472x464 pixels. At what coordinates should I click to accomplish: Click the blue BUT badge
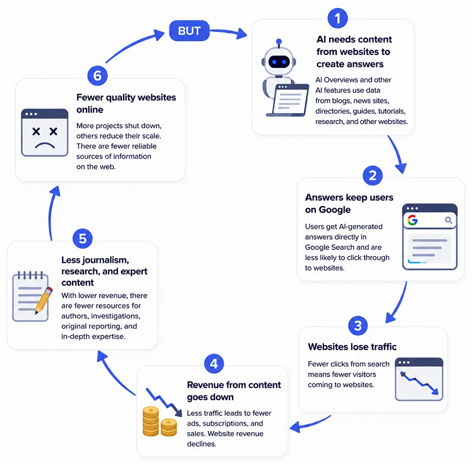click(x=189, y=31)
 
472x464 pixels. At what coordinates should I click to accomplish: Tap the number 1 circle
click(x=337, y=19)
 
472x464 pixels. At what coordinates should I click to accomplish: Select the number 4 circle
click(x=214, y=364)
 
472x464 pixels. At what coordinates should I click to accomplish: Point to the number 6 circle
click(x=97, y=75)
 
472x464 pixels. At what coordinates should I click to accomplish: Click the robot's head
click(x=279, y=60)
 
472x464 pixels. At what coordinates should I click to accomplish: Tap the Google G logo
click(x=412, y=220)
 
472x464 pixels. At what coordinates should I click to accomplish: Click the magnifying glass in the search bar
click(x=449, y=220)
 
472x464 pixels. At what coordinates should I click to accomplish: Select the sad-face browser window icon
click(x=45, y=133)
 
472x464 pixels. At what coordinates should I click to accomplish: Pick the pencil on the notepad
click(x=44, y=300)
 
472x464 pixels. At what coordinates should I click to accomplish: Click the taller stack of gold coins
click(x=150, y=421)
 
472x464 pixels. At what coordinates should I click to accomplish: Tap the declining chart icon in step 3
click(x=419, y=379)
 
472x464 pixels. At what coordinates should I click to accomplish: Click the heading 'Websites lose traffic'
click(x=352, y=347)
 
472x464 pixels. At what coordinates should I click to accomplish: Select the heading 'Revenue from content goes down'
click(x=234, y=391)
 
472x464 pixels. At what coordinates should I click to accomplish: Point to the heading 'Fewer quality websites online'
click(x=126, y=103)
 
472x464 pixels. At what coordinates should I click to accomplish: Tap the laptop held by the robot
click(x=288, y=100)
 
